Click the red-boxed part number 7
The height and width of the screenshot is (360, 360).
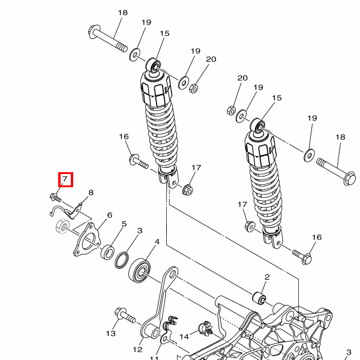(x=65, y=179)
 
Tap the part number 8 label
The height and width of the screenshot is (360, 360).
(x=91, y=193)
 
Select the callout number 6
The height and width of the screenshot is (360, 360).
(x=109, y=215)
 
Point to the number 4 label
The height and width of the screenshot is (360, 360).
(x=157, y=242)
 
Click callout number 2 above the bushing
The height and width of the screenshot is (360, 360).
(x=267, y=277)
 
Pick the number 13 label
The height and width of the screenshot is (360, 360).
(x=111, y=333)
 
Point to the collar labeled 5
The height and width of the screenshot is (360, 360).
(x=109, y=251)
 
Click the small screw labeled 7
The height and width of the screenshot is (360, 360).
(x=54, y=196)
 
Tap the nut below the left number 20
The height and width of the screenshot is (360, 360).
(x=193, y=88)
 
